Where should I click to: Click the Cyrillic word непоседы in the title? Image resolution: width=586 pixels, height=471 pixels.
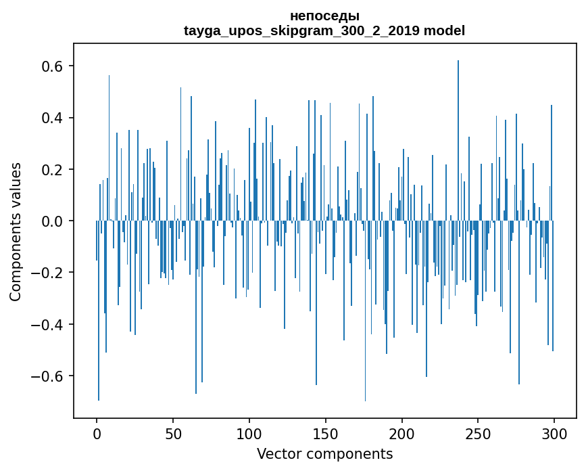pyautogui.click(x=324, y=16)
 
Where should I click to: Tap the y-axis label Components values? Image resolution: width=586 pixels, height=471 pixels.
pyautogui.click(x=16, y=231)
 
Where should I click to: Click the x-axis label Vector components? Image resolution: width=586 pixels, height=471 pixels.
pyautogui.click(x=324, y=453)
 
